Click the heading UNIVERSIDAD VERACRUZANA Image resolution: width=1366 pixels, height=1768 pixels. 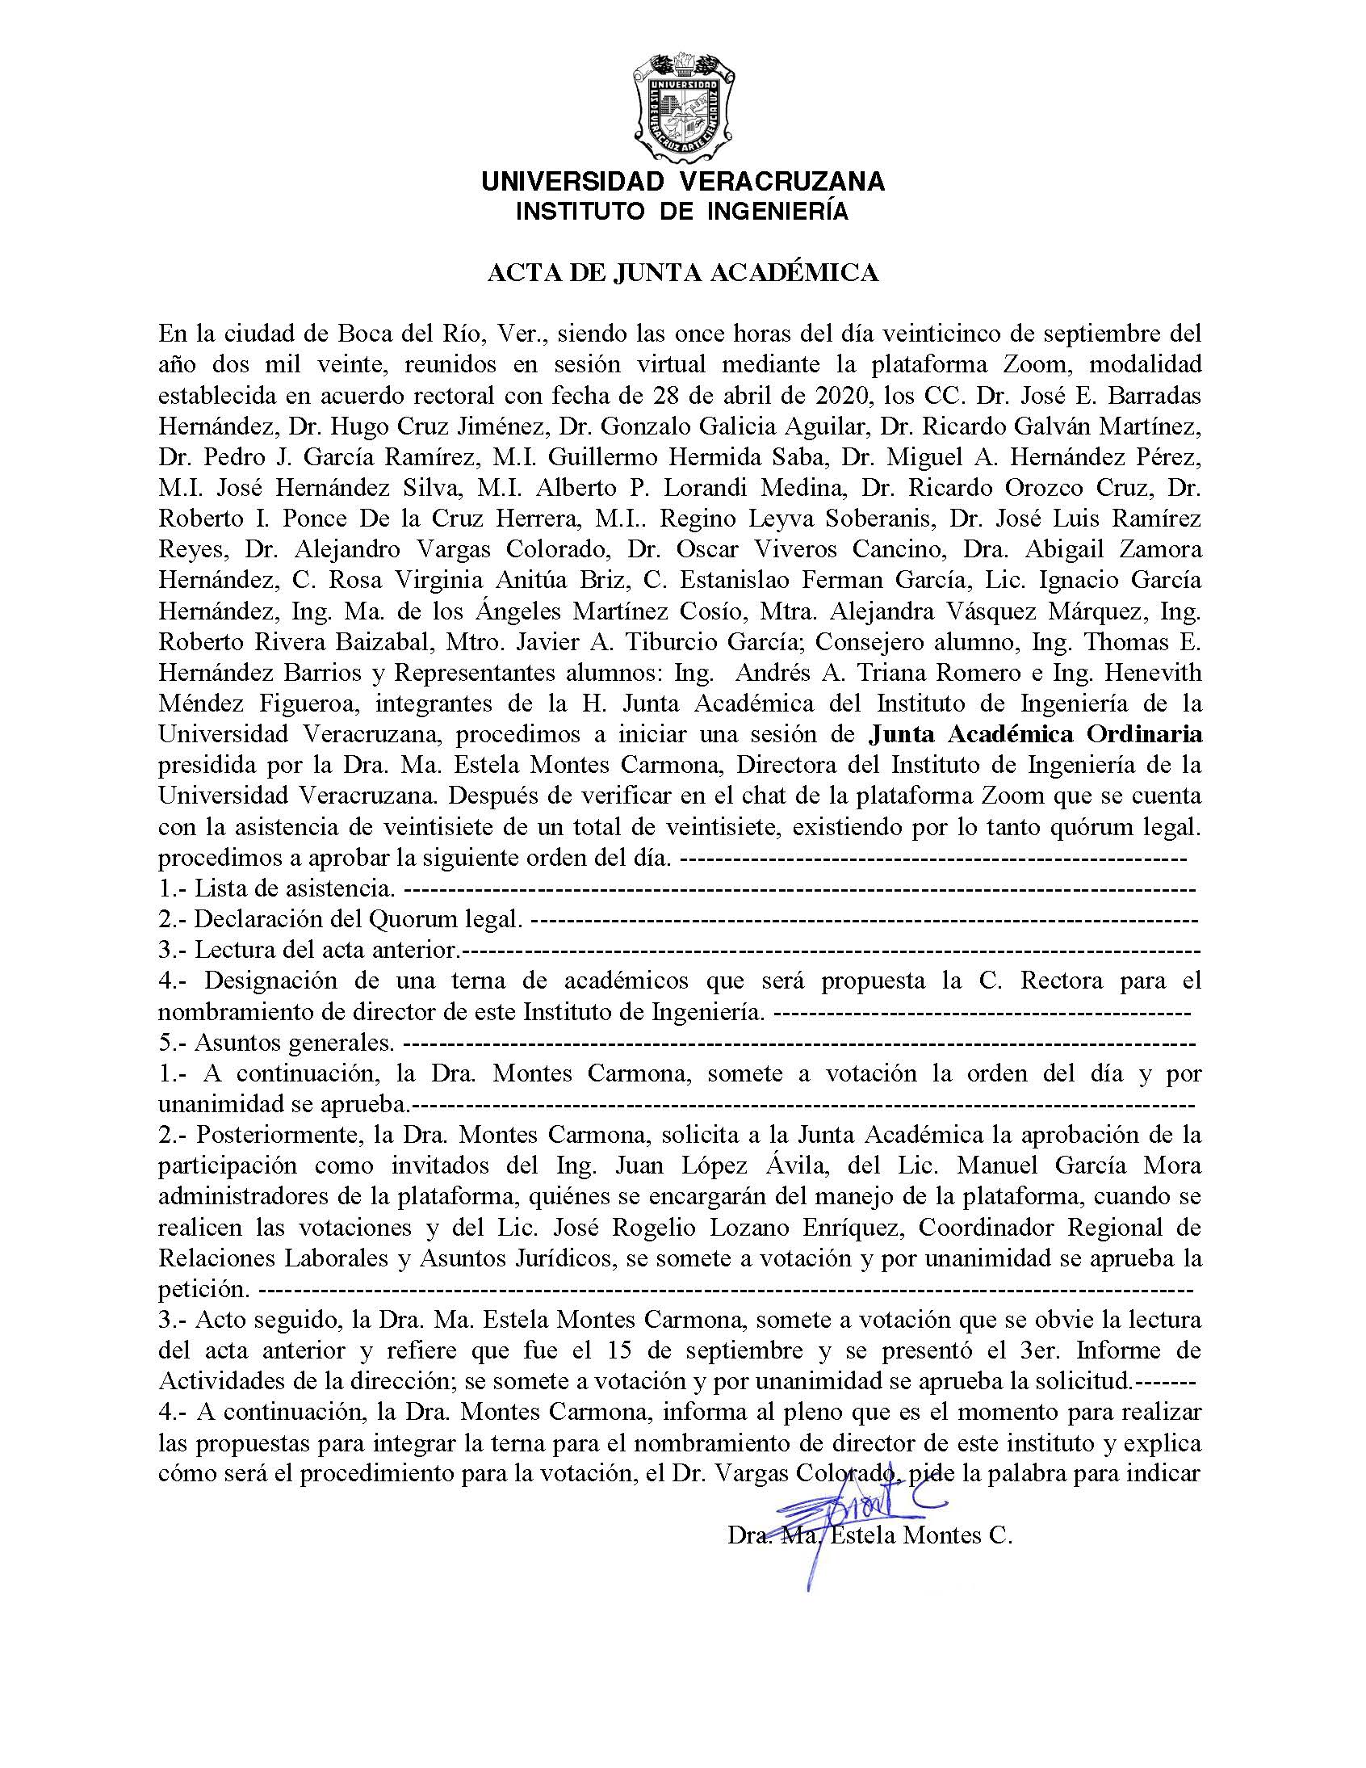[x=682, y=181]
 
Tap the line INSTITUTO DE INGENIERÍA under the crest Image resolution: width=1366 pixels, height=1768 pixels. [x=682, y=212]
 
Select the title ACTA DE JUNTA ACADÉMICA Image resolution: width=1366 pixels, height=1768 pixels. [x=682, y=273]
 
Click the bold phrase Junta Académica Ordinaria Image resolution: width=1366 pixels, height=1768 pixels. [x=1035, y=734]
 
